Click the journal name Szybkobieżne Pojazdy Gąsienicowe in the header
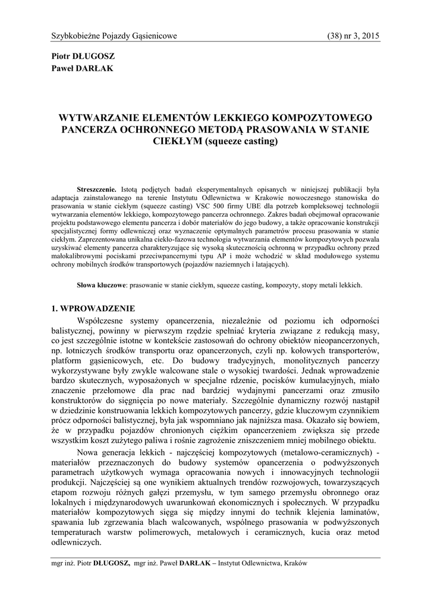click(x=115, y=36)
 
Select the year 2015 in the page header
click(x=369, y=36)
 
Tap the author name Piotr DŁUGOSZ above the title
click(x=84, y=56)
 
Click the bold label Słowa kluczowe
click(x=102, y=285)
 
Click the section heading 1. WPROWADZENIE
click(x=93, y=309)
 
